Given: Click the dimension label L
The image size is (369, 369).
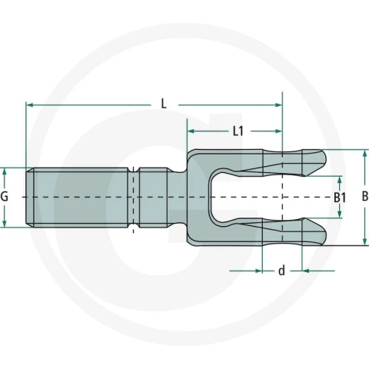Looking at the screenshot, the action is coord(164,104).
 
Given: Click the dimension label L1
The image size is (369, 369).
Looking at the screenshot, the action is coord(238,131).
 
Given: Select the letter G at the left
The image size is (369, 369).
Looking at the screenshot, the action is coord(5,197).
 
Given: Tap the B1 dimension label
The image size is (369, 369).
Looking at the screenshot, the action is coord(340,198).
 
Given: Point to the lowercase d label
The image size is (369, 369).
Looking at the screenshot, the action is coord(281,271).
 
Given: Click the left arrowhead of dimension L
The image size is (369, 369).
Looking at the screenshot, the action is coord(30,105).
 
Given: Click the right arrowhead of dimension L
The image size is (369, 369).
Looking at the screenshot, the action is coord(278,105).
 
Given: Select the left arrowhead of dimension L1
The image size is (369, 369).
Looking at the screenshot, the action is coord(191,131).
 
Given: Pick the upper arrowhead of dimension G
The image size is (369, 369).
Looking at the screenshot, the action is coord(4,172).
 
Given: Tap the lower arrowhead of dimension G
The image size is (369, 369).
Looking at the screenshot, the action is coord(4,223).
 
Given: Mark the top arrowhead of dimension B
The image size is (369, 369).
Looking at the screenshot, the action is coord(364,154).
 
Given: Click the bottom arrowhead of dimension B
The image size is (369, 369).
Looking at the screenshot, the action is coord(364,241).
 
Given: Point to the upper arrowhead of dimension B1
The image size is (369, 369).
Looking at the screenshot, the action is coord(340,180).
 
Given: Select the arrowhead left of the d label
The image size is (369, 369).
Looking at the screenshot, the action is coord(259,271).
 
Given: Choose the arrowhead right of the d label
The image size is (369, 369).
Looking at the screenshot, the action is coord(306,271).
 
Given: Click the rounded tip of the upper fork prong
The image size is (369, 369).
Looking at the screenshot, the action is coord(326,158).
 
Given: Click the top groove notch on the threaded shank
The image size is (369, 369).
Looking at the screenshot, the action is coord(133,170).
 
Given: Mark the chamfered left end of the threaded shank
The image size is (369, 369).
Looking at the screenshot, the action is coord(30,197).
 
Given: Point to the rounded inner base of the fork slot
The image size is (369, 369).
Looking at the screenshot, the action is coord(211,197).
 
